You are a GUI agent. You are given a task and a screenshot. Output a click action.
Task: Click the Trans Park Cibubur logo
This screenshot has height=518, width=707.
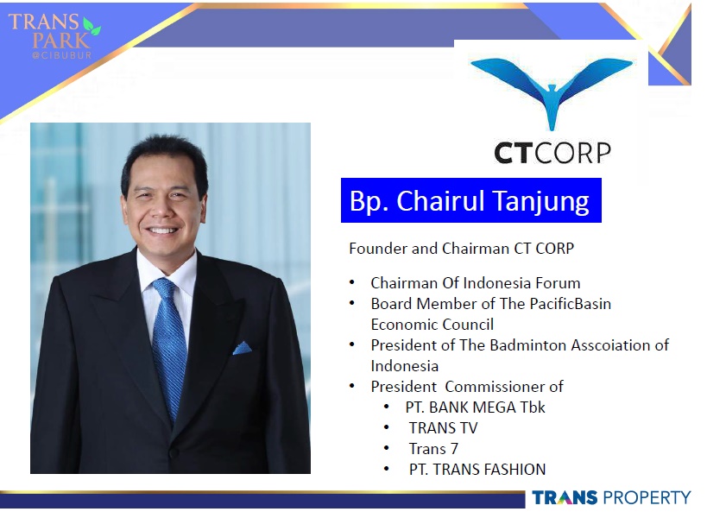pyautogui.click(x=54, y=36)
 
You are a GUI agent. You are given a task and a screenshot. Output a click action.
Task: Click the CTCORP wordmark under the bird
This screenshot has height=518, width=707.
pyautogui.click(x=552, y=154)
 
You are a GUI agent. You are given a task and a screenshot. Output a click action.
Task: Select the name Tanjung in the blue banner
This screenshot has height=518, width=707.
pyautogui.click(x=540, y=201)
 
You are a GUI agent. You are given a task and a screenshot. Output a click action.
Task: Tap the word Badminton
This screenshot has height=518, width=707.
pyautogui.click(x=528, y=345)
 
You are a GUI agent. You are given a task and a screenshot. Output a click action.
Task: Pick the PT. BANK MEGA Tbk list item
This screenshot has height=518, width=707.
pyautogui.click(x=476, y=407)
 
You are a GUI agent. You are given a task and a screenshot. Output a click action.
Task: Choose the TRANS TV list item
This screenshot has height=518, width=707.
pyautogui.click(x=443, y=428)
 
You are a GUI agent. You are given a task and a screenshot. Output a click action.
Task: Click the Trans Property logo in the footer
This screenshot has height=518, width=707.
pyautogui.click(x=611, y=498)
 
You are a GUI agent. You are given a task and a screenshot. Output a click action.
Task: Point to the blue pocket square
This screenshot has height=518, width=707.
pyautogui.click(x=242, y=348)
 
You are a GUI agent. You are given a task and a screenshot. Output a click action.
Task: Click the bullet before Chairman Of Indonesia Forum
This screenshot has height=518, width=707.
pyautogui.click(x=352, y=283)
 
